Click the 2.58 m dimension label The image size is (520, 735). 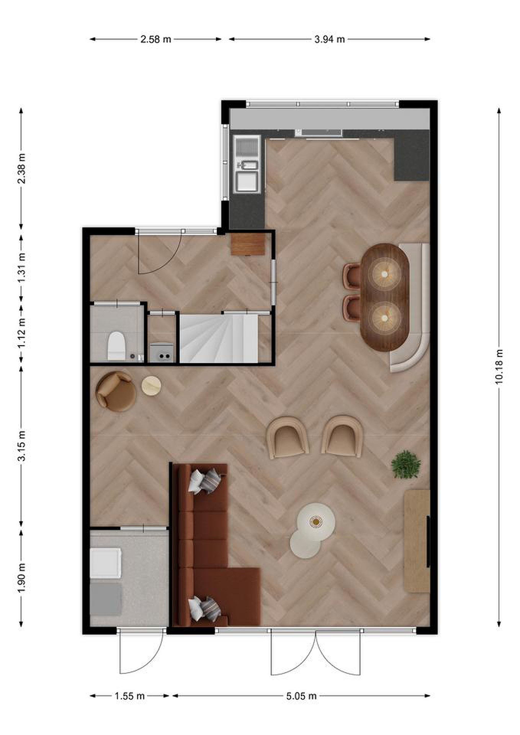pyautogui.click(x=156, y=39)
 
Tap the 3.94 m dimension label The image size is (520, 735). pyautogui.click(x=330, y=39)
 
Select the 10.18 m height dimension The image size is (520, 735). pyautogui.click(x=499, y=366)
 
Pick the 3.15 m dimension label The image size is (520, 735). pyautogui.click(x=21, y=446)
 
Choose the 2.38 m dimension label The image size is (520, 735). pyautogui.click(x=21, y=168)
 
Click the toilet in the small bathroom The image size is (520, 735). pyautogui.click(x=116, y=346)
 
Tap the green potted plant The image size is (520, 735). pyautogui.click(x=406, y=464)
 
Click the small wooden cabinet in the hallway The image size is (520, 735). pyautogui.click(x=248, y=244)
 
